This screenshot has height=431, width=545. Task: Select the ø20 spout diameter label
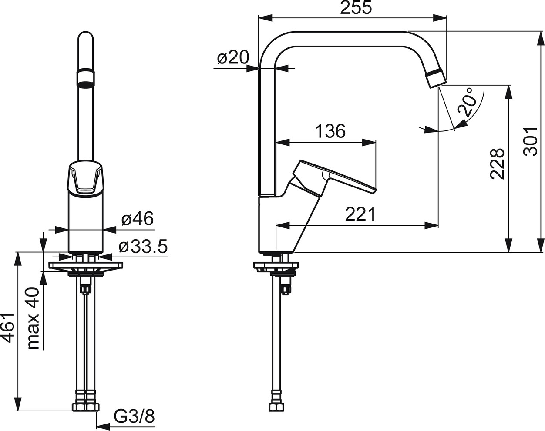coord(233,57)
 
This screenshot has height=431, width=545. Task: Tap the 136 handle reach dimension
coord(330,131)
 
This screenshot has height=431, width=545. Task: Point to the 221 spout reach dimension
coord(360,214)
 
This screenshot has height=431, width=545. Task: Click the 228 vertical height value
coord(498,164)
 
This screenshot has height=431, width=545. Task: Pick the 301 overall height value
coord(530,142)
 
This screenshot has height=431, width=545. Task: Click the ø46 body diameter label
coord(138,218)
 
